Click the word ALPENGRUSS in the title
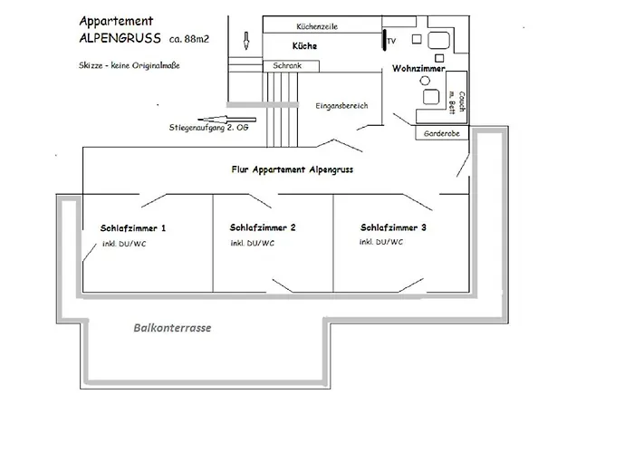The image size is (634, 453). click(120, 39)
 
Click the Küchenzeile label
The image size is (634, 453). click(317, 27)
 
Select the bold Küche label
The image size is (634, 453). click(304, 45)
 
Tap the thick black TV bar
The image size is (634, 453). click(381, 41)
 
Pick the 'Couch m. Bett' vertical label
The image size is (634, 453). click(457, 101)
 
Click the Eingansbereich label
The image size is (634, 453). click(341, 106)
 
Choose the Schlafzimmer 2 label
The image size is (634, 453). click(264, 228)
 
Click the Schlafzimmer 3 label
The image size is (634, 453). click(393, 227)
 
